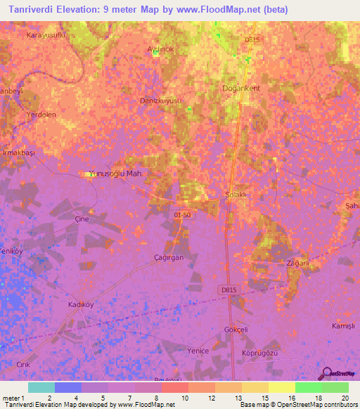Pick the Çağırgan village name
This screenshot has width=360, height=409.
click(x=169, y=258)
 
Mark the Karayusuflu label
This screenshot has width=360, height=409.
click(x=45, y=34)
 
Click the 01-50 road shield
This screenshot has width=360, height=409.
click(x=182, y=214)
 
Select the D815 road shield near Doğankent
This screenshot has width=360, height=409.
click(x=252, y=40)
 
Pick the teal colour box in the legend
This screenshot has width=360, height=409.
click(x=41, y=387)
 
